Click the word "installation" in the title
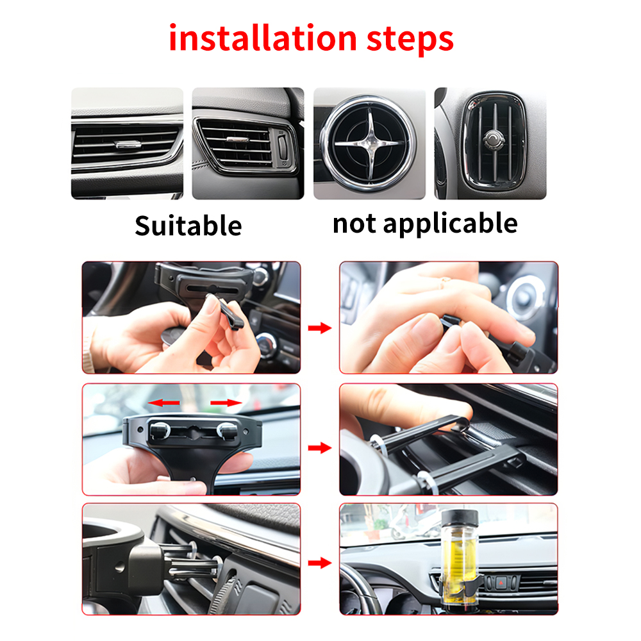(x=263, y=38)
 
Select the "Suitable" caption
(x=188, y=226)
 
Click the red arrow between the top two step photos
(x=319, y=328)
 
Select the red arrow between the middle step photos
(x=319, y=447)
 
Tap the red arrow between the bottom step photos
(x=319, y=563)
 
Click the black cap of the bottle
(x=460, y=518)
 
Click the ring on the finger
(x=445, y=280)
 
